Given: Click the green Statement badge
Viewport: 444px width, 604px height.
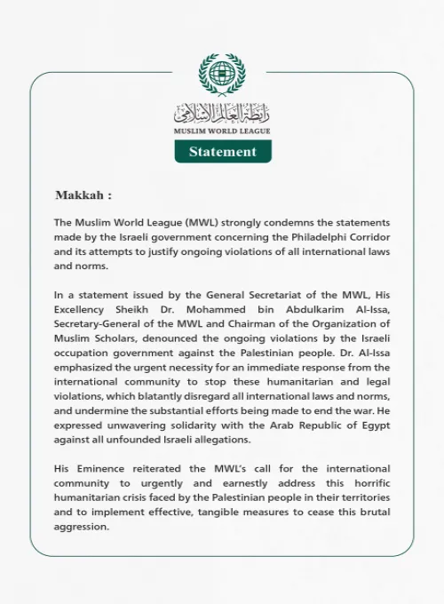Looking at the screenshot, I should tap(222, 151).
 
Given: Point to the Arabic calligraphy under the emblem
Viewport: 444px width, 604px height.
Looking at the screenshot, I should tap(222, 113).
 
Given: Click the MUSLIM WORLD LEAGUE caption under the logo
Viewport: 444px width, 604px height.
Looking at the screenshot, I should tap(222, 131).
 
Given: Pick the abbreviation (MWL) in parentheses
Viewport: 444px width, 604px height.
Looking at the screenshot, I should tap(185, 222).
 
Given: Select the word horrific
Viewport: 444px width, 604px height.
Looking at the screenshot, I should tap(368, 482).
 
